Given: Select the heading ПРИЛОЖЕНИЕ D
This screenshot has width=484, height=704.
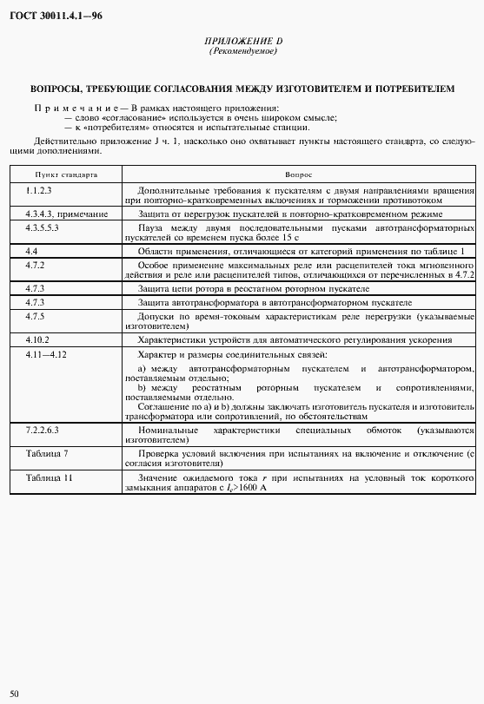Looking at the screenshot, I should (x=242, y=42).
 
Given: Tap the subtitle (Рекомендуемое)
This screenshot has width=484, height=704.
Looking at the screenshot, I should (x=242, y=51).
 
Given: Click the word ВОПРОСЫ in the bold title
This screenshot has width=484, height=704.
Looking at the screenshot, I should (x=58, y=89).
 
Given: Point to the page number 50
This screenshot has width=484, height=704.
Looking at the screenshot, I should (x=14, y=693).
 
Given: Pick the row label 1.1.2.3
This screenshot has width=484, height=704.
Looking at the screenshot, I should (x=39, y=189).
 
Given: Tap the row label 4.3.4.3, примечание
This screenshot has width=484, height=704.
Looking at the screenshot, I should (x=67, y=213).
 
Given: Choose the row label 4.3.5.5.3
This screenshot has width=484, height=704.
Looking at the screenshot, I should (x=43, y=225).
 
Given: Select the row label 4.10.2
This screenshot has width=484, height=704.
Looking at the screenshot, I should (x=37, y=339).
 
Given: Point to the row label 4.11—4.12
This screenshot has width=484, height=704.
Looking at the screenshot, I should (x=46, y=354).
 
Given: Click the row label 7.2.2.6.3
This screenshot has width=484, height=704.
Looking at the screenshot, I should (x=43, y=429).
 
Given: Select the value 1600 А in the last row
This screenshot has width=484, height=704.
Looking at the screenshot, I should (x=249, y=490).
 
